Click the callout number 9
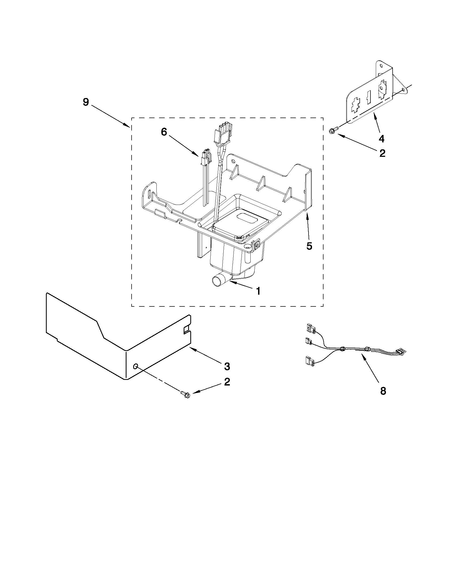[x=85, y=102]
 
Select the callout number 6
[x=164, y=132]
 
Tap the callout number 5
[x=309, y=246]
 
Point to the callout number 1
[x=258, y=291]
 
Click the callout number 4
[x=381, y=139]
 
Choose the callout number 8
[x=383, y=391]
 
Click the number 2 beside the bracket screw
[x=382, y=153]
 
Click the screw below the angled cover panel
[x=185, y=394]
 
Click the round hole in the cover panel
[x=136, y=366]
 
